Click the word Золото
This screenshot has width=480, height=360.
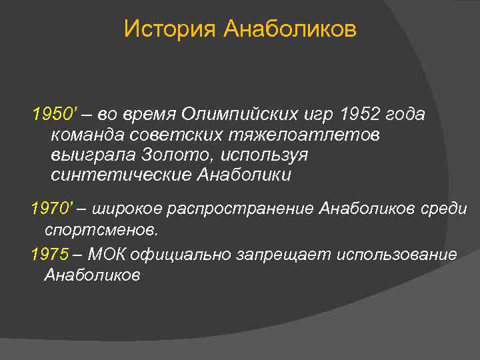[173, 155]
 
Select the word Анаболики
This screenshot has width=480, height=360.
[244, 175]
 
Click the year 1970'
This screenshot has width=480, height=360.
[51, 209]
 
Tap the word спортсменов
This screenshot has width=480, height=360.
[101, 230]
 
